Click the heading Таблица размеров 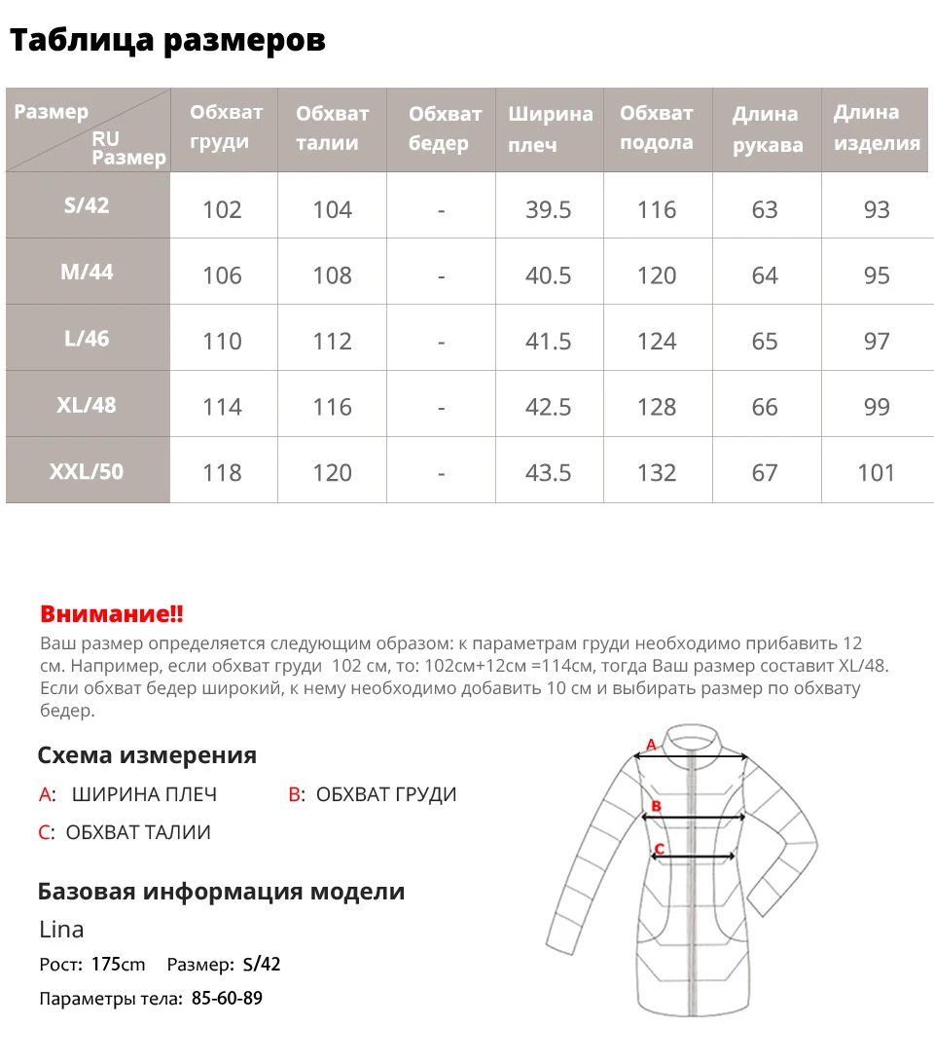pos(166,41)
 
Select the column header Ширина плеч pos(550,129)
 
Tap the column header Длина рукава pos(767,129)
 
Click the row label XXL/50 pos(87,472)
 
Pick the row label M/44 pos(87,273)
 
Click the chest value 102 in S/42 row pos(222,210)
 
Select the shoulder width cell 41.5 pos(549,342)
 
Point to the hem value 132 pos(657,473)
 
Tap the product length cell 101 pos(876,473)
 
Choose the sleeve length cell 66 pos(765,407)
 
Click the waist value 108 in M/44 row pos(332,276)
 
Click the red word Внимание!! pos(111,614)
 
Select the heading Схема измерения pos(147,755)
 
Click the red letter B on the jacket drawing pos(657,806)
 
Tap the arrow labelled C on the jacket pos(694,858)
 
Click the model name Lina pos(61,930)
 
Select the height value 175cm pos(118,965)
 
